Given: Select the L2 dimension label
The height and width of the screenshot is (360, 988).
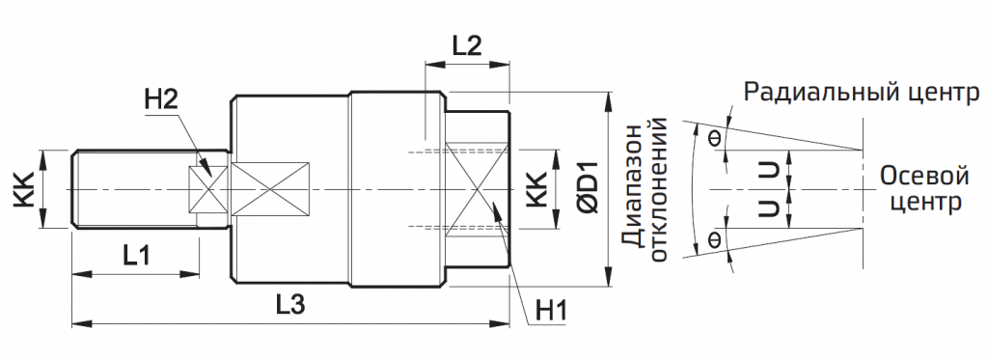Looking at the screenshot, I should [466, 45].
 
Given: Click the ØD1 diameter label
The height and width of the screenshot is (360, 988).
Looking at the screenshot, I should [588, 189].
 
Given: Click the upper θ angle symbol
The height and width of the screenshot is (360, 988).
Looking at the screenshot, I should [715, 137].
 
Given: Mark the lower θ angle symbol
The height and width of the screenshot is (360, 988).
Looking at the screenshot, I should [715, 238].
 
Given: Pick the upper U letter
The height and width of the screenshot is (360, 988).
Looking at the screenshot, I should [768, 171].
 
